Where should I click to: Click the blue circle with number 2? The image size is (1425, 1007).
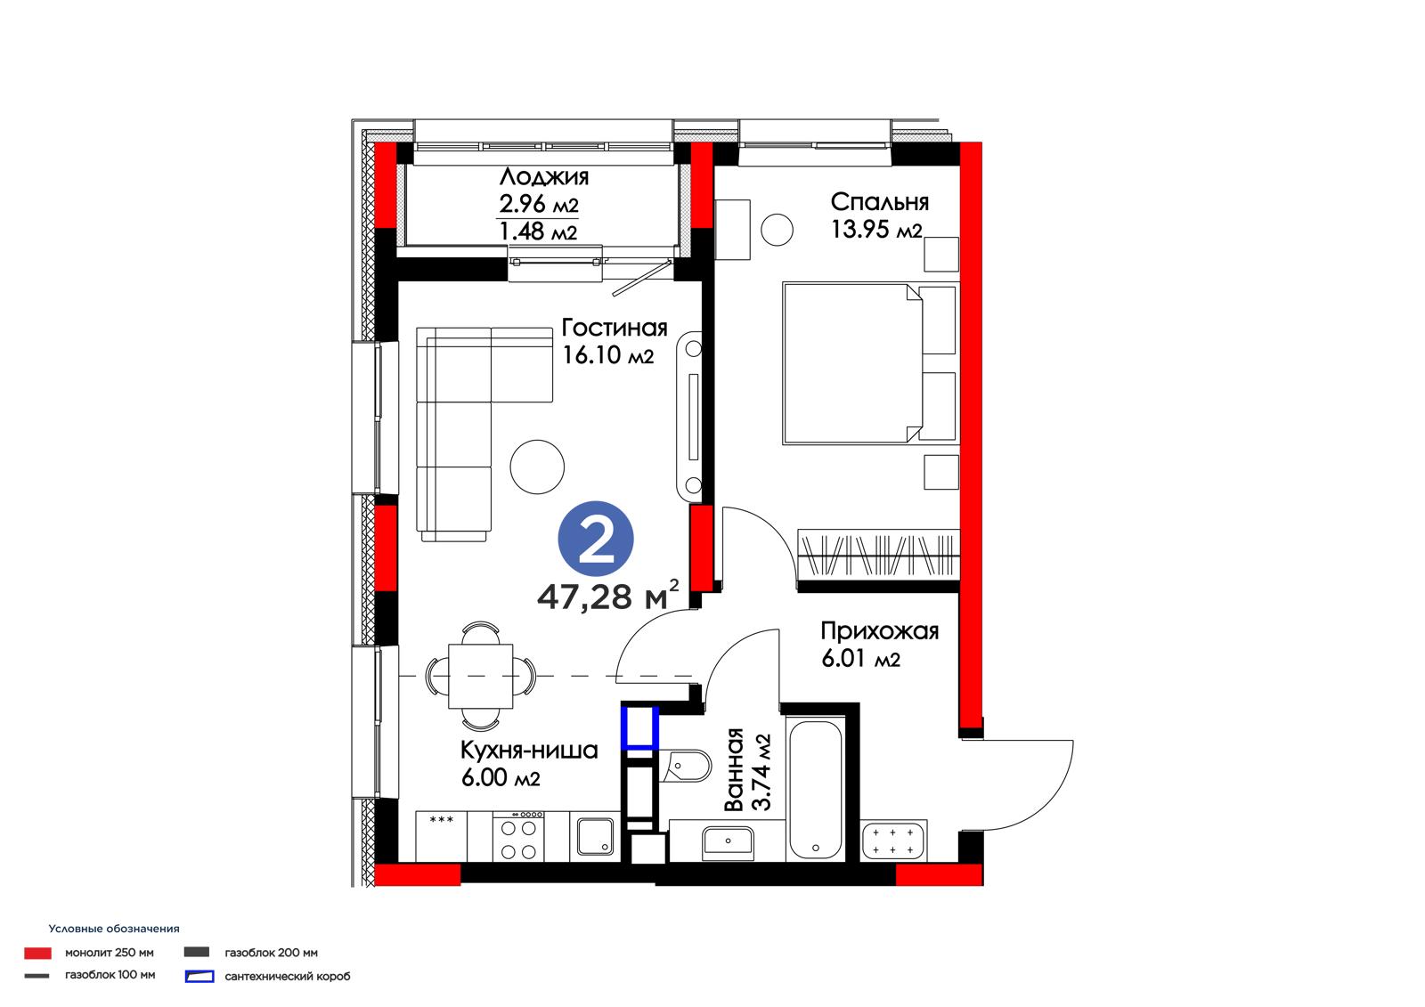pyautogui.click(x=596, y=538)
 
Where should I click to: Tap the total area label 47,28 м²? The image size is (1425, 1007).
pyautogui.click(x=607, y=595)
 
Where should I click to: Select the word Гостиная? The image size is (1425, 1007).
pyautogui.click(x=614, y=328)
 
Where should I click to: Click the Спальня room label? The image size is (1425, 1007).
pyautogui.click(x=879, y=201)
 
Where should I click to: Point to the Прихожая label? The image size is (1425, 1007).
pyautogui.click(x=879, y=630)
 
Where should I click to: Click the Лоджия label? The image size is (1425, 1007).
pyautogui.click(x=544, y=176)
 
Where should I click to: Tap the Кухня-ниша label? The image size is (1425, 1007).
pyautogui.click(x=529, y=751)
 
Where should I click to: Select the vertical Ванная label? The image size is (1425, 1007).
pyautogui.click(x=734, y=770)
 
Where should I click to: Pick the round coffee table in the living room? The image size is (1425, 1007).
pyautogui.click(x=537, y=467)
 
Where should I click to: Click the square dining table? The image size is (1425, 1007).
pyautogui.click(x=480, y=676)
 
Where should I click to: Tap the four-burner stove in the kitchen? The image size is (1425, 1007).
pyautogui.click(x=518, y=836)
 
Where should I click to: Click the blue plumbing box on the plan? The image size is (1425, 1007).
pyautogui.click(x=640, y=727)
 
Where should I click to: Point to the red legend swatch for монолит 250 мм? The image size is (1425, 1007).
pyautogui.click(x=37, y=953)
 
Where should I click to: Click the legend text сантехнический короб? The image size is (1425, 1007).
pyautogui.click(x=288, y=977)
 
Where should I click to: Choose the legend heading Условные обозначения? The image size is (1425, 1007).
pyautogui.click(x=114, y=929)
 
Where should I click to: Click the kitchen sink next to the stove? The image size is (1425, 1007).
pyautogui.click(x=596, y=837)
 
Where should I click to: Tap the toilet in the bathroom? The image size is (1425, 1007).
pyautogui.click(x=686, y=766)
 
